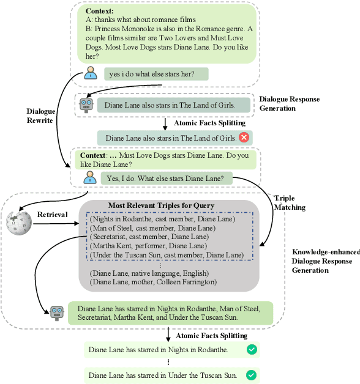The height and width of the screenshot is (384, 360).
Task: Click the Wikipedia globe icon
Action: click(x=18, y=222)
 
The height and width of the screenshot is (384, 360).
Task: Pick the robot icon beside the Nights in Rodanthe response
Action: click(x=58, y=313)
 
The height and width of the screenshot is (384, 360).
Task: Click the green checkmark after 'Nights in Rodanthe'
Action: click(x=252, y=350)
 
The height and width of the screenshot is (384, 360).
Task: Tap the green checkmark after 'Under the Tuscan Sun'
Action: click(x=252, y=375)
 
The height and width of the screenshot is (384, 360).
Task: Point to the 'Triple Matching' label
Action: click(x=290, y=203)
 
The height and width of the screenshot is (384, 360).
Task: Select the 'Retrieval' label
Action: click(x=52, y=215)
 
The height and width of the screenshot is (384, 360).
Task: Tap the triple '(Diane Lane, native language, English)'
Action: click(x=149, y=273)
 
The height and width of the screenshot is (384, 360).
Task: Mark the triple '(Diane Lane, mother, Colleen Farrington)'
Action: click(x=152, y=282)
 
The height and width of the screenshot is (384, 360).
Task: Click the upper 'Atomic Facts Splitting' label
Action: click(x=208, y=123)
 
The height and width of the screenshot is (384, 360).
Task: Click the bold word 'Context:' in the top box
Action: click(x=99, y=11)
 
